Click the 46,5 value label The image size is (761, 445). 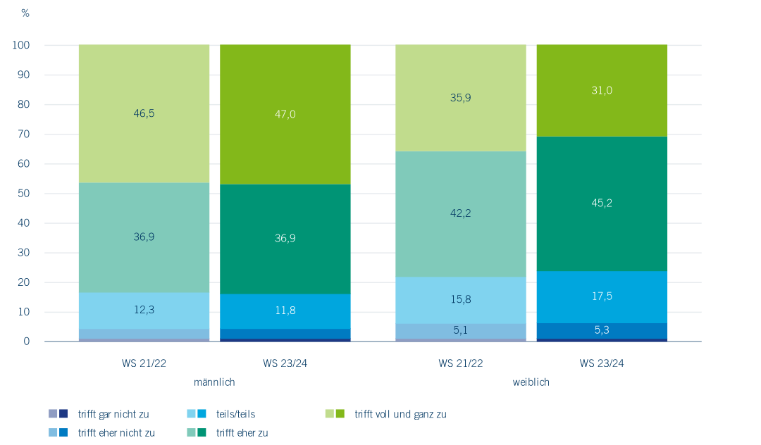click(144, 112)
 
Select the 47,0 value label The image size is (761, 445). click(285, 113)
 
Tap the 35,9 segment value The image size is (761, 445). click(461, 98)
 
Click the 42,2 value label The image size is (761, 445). click(461, 213)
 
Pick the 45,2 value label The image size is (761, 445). click(602, 203)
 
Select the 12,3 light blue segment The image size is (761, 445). click(144, 311)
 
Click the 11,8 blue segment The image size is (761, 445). click(285, 311)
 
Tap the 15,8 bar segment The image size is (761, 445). click(461, 300)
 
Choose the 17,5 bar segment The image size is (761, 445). click(602, 296)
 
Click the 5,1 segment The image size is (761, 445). click(461, 331)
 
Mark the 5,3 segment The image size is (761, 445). click(602, 331)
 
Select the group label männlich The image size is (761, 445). click(214, 382)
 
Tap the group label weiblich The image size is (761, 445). click(531, 382)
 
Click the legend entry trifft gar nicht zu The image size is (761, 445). click(113, 414)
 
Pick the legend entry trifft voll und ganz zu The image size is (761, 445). click(400, 414)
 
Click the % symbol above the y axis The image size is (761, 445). click(25, 13)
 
